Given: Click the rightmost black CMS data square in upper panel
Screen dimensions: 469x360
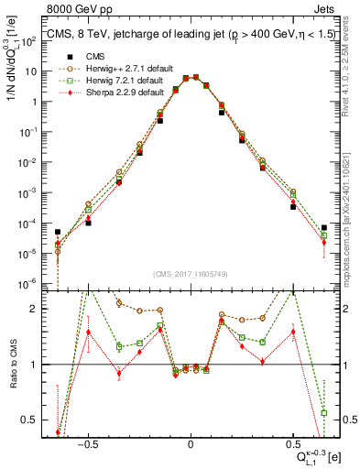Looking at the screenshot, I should coord(324,227).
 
